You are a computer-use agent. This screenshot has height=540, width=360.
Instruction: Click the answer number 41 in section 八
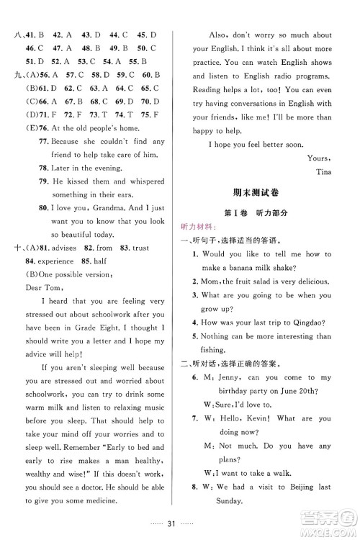(x=31, y=33)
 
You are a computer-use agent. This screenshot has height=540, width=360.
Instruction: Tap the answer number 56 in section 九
(x=47, y=74)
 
